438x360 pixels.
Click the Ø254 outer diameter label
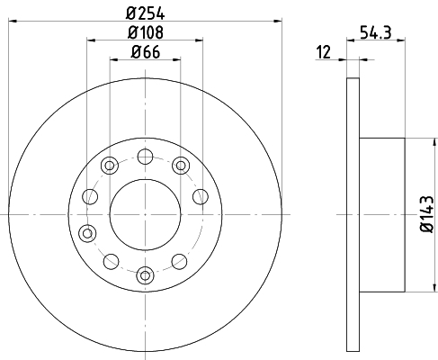[x=146, y=13]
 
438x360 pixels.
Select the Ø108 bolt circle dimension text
[x=146, y=32]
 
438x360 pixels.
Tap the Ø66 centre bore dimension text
[x=146, y=52]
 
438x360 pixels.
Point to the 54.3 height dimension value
[x=376, y=32]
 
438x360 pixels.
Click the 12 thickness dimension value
[x=324, y=52]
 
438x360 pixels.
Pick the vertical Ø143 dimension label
[x=427, y=214]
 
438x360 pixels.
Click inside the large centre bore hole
[x=146, y=214]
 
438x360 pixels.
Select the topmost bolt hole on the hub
[x=146, y=157]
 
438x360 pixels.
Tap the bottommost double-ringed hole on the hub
[x=146, y=275]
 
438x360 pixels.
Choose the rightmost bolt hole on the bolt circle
[x=201, y=197]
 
